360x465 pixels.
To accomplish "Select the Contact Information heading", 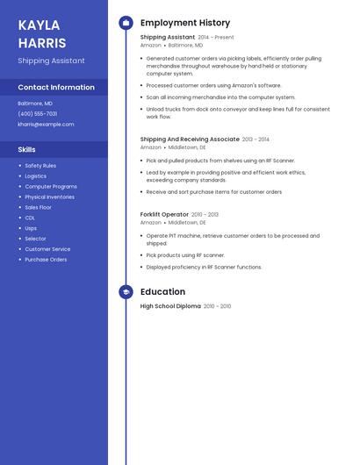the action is point(56,87).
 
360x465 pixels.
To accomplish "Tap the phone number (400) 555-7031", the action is point(38,113).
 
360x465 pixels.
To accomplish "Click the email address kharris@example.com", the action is point(46,125).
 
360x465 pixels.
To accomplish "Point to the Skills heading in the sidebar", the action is point(26,149).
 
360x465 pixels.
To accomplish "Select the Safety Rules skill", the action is point(40,166).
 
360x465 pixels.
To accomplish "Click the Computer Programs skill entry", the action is point(51,187).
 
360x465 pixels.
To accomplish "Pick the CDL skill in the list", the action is point(30,218).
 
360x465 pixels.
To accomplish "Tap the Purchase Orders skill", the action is point(46,260).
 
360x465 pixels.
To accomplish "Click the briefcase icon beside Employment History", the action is point(126,23).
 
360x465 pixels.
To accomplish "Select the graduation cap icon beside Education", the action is point(126,292).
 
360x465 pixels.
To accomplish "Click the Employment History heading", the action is point(185,23).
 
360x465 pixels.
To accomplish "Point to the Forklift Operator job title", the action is point(164,214).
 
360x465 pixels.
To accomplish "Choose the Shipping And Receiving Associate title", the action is point(190,139).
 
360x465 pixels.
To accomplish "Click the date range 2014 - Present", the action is point(216,38).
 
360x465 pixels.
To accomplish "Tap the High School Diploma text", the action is point(170,306).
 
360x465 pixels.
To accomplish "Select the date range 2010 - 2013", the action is point(205,214).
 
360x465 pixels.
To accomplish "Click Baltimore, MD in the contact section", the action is point(35,103).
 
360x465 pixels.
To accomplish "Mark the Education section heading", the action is point(162,292).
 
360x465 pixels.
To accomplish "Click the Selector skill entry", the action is point(35,239).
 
